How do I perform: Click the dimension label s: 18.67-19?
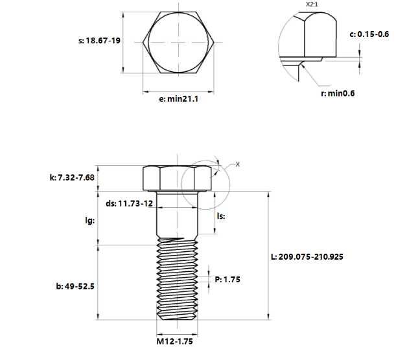pyautogui.click(x=99, y=41)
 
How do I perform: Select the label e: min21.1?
pyautogui.click(x=179, y=99)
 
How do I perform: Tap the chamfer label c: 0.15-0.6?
pyautogui.click(x=369, y=34)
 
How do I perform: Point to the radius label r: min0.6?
pyautogui.click(x=338, y=93)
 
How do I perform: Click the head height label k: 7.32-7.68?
pyautogui.click(x=72, y=177)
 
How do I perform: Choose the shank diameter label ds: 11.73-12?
pyautogui.click(x=130, y=204)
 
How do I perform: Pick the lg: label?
pyautogui.click(x=90, y=221)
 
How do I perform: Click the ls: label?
pyautogui.click(x=221, y=216)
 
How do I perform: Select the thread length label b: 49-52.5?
pyautogui.click(x=75, y=286)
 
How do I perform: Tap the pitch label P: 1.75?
pyautogui.click(x=227, y=280)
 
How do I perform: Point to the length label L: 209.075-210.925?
pyautogui.click(x=307, y=257)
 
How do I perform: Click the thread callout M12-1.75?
pyautogui.click(x=174, y=341)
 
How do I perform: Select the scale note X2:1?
pyautogui.click(x=312, y=5)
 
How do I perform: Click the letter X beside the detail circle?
pyautogui.click(x=238, y=164)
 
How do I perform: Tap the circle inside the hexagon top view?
pyautogui.click(x=178, y=42)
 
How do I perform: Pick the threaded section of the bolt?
pyautogui.click(x=178, y=279)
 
